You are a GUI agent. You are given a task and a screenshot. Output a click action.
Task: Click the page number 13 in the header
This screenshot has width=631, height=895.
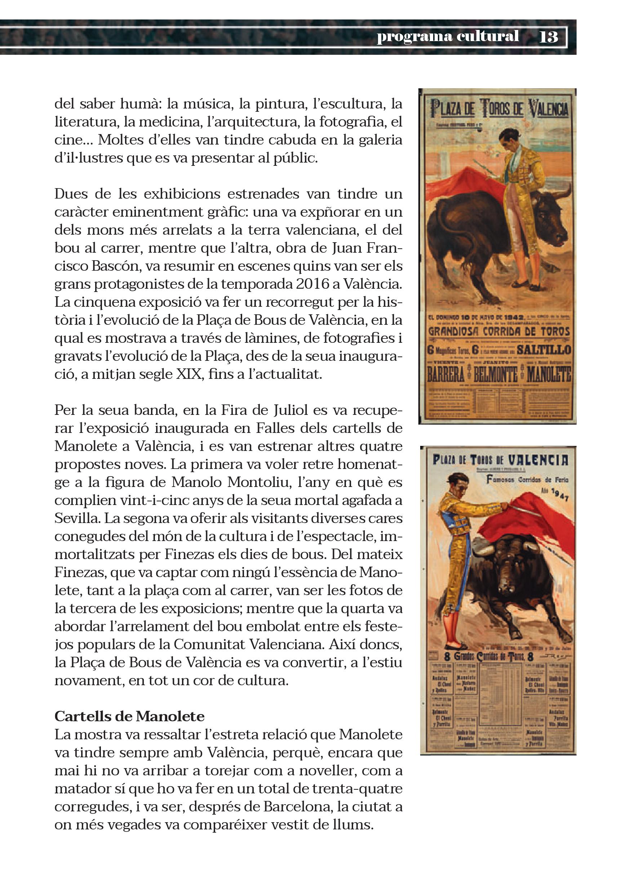click(549, 37)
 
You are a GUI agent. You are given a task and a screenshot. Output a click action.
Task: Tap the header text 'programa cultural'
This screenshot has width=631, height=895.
click(448, 36)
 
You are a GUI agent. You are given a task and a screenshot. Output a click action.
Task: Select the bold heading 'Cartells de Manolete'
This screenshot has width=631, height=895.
click(129, 717)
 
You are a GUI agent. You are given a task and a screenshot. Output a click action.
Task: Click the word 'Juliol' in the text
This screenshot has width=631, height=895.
click(273, 410)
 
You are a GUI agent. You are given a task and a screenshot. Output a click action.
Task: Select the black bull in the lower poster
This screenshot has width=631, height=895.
click(515, 573)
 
